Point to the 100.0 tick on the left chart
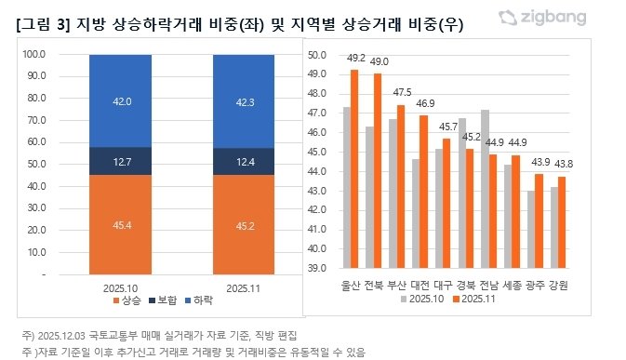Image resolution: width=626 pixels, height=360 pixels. click(x=33, y=55)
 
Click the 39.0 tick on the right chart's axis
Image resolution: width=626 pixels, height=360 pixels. click(x=316, y=269)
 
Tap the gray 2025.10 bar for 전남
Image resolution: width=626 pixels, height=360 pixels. click(x=484, y=189)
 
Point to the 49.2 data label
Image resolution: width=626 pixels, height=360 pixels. click(x=355, y=59)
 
